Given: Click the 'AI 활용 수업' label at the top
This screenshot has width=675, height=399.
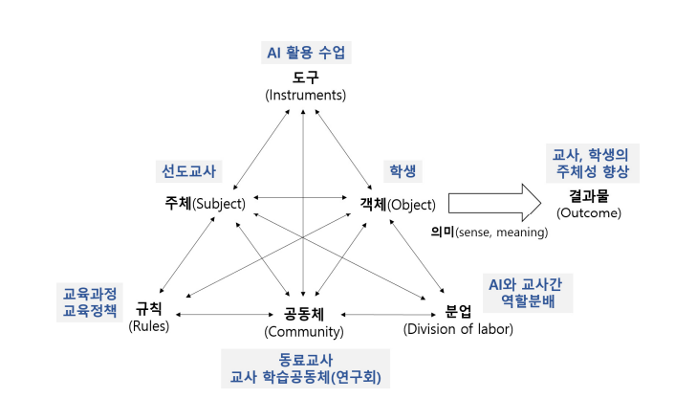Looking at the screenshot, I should (x=305, y=52).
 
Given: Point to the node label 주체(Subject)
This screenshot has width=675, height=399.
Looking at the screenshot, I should (x=205, y=204).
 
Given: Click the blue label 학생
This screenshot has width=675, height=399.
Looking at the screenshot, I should (x=396, y=172).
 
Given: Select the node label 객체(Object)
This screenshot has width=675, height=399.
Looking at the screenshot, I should (x=398, y=204).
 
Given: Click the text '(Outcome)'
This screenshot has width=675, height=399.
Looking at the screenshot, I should (x=589, y=212).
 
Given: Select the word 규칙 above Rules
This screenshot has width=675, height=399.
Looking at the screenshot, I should (x=148, y=308).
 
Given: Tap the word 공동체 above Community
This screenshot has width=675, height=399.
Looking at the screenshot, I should (x=303, y=314).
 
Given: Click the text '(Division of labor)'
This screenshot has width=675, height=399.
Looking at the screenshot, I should (x=459, y=330).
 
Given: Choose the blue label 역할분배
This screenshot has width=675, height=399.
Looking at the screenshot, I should (x=528, y=300).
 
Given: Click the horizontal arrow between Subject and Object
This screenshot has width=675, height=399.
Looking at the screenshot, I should (x=300, y=198).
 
